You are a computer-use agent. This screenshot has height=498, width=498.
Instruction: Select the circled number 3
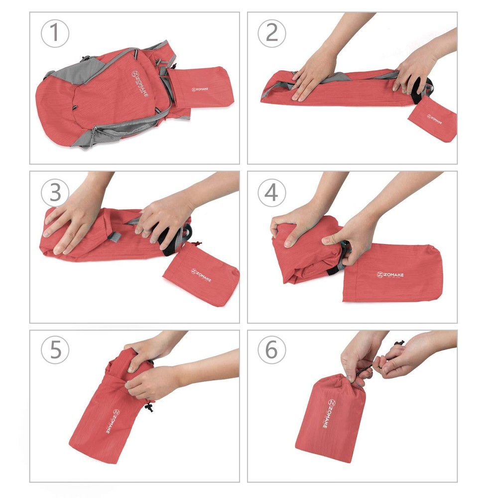tap(54, 192)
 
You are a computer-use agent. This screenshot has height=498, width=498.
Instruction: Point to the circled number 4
tap(271, 192)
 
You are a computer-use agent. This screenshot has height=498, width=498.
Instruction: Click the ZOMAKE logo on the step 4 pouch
tap(390, 275)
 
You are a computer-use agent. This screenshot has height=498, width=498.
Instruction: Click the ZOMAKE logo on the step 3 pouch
tap(200, 275)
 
